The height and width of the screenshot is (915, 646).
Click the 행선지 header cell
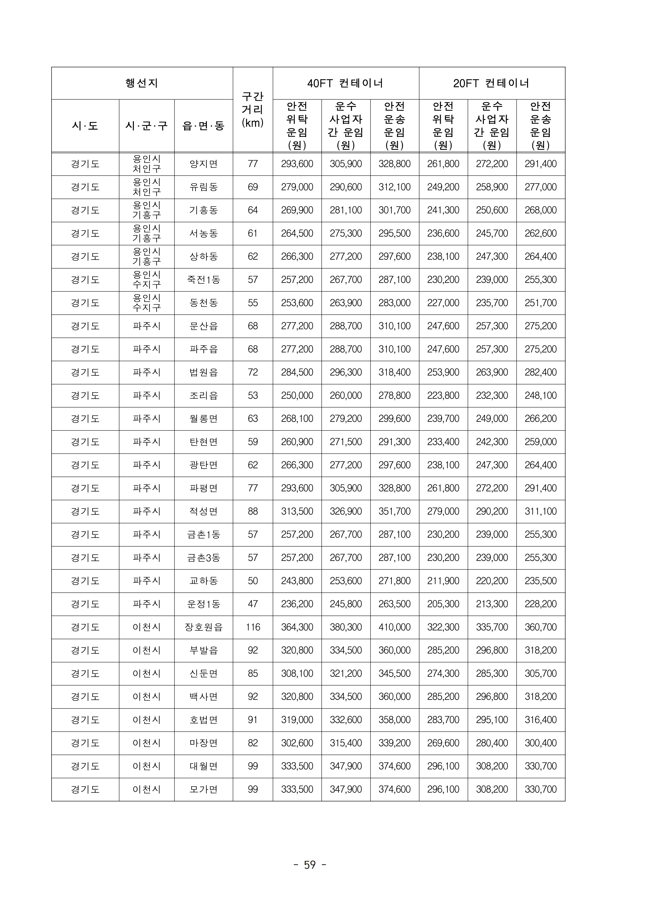point(142,83)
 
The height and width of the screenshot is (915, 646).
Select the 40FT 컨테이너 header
point(345,83)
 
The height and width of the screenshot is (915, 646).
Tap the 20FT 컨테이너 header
point(492,83)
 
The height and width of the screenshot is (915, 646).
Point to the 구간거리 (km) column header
point(253,110)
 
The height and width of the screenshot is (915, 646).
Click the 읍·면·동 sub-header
point(203,126)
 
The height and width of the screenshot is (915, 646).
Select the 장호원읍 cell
point(203,627)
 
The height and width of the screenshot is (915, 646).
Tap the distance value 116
point(253,627)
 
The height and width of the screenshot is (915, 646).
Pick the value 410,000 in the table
point(395,627)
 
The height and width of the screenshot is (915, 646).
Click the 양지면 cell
point(203,164)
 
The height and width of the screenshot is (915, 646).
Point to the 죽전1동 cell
point(203,280)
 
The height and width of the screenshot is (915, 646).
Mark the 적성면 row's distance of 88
point(253,511)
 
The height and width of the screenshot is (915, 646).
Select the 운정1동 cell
point(203,604)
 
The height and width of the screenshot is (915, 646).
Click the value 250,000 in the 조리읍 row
point(297,396)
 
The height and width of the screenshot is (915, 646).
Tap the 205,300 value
point(443,604)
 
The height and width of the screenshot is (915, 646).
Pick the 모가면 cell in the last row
point(203,789)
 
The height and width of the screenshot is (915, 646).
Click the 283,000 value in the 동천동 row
point(395,303)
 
